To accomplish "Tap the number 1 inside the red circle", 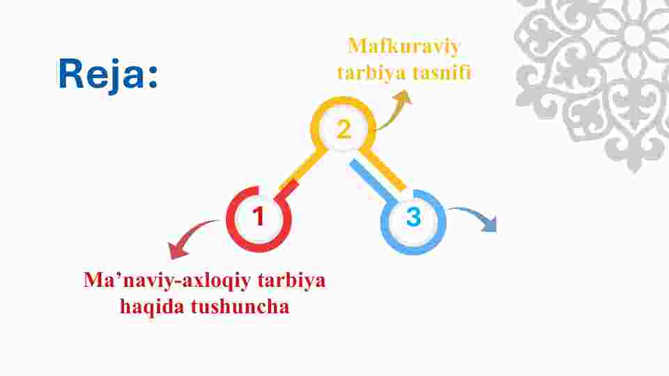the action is pos(259,216).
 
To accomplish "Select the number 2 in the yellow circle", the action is pos(344,130).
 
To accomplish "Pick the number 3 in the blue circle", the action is pos(413,217).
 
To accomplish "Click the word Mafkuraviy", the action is pos(404,46).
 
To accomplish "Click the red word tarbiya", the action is pos(291,281).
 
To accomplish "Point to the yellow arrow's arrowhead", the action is pos(403,97).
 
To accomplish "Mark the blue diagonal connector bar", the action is pos(371,180).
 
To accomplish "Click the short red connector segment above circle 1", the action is pos(289,189).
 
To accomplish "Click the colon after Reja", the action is pos(153,77).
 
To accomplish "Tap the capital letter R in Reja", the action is pos(71,73).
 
